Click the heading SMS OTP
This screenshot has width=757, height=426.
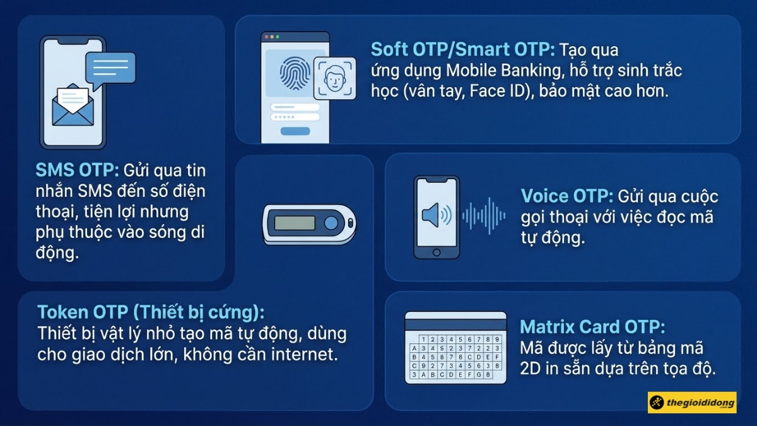(x=77, y=170)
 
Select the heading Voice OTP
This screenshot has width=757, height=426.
(x=566, y=196)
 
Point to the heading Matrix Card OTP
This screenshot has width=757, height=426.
(x=592, y=327)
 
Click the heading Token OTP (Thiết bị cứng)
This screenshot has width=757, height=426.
(x=150, y=312)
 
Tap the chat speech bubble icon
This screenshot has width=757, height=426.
(x=110, y=68)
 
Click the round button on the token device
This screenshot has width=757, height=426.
(x=331, y=223)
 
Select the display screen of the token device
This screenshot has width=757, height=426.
(x=295, y=223)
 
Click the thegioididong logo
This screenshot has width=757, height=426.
(x=692, y=402)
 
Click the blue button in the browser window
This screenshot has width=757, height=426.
(x=295, y=131)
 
